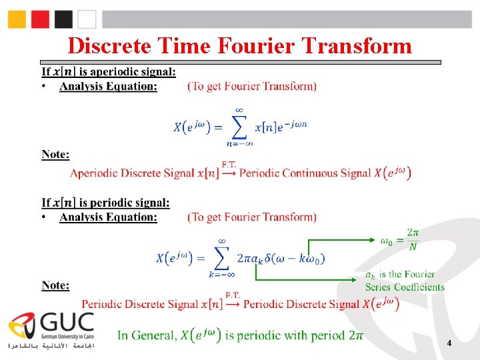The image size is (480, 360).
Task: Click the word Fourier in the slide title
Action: tap(256, 45)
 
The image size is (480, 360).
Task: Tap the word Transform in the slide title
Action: tap(357, 45)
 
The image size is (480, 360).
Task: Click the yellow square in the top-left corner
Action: tap(17, 19)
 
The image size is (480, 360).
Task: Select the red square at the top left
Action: tap(41, 19)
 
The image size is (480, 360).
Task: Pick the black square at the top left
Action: tap(64, 19)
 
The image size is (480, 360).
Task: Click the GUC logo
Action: tap(50, 331)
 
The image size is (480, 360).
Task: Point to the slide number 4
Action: tap(449, 343)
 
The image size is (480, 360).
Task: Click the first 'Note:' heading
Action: tap(55, 155)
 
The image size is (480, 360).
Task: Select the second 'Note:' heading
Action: tap(55, 285)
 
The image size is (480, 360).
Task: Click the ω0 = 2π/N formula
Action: tap(399, 241)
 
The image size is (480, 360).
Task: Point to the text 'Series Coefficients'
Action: tap(405, 287)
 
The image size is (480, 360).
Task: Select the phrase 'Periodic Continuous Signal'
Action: tap(305, 173)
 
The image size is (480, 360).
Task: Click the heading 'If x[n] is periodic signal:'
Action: tap(105, 203)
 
